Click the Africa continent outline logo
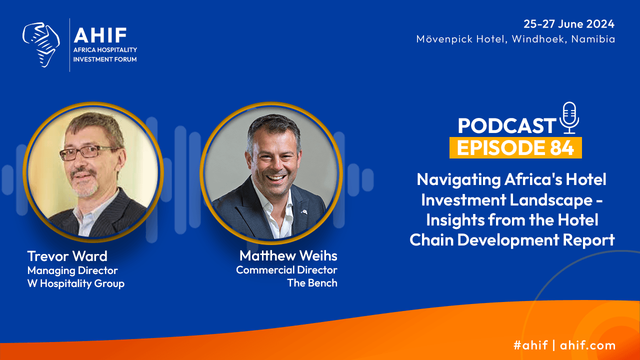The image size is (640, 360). coord(41,45)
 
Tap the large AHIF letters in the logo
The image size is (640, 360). coord(100,35)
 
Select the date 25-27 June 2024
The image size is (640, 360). coord(569,24)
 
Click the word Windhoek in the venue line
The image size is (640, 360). coord(537,39)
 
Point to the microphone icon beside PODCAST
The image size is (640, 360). coord(569,117)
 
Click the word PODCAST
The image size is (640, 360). coord(507,125)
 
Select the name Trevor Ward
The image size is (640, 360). coord(67,256)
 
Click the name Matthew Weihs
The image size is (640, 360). coord(288,255)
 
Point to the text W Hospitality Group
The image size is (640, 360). coord(75,283)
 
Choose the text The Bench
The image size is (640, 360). coord(312,283)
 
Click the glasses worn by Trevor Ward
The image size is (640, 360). coord(88,152)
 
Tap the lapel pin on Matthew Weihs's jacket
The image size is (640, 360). coord(304,212)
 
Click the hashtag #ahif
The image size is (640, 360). coord(530,345)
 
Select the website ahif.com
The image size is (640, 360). coord(587,345)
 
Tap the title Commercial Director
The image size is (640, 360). coord(286,270)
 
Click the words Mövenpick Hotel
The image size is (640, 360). coord(461,39)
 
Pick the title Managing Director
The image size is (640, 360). coord(72,270)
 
